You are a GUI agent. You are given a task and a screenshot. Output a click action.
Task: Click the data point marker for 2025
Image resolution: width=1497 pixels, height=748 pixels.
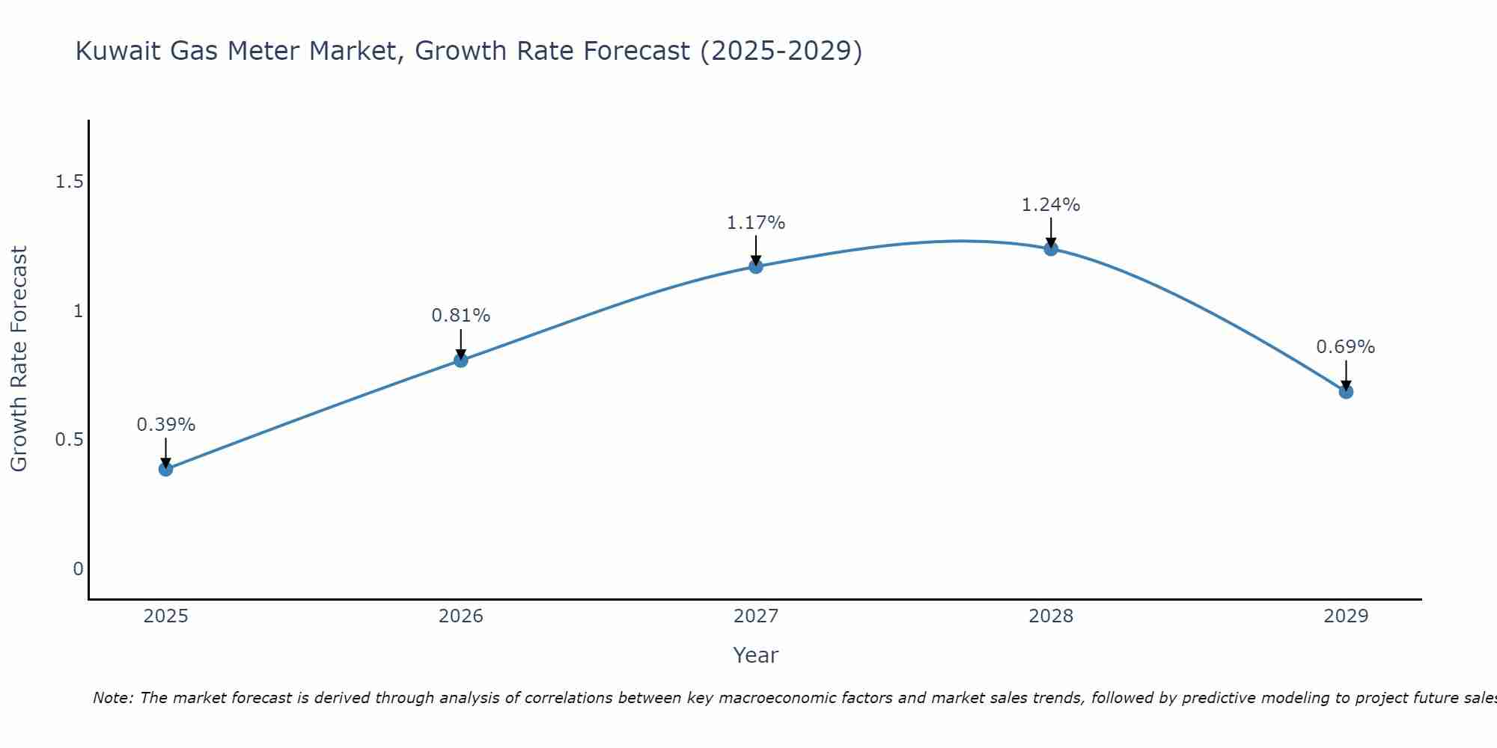click(x=165, y=469)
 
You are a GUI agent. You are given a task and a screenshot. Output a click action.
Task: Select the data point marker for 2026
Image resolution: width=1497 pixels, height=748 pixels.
click(x=460, y=361)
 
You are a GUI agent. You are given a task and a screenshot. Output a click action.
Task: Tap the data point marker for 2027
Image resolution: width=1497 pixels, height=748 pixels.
click(x=756, y=266)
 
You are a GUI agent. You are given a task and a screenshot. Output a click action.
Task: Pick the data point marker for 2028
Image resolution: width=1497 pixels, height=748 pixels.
click(x=1051, y=249)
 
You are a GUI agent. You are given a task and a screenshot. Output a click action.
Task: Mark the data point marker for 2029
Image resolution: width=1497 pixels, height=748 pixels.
click(x=1346, y=391)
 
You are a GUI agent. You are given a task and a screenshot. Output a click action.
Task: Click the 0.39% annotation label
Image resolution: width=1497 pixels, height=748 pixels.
click(x=165, y=425)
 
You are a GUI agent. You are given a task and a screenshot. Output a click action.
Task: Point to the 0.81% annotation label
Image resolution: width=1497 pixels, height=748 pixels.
click(x=460, y=316)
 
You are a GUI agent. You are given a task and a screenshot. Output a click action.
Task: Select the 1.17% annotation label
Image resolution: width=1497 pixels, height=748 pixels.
click(x=756, y=223)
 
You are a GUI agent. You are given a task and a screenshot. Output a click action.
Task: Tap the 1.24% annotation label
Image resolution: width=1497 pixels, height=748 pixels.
click(x=1051, y=205)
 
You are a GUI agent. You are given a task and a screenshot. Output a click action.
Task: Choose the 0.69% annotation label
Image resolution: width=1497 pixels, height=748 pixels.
click(x=1346, y=347)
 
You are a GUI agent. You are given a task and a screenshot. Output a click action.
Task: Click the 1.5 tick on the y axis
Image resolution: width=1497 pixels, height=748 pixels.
click(x=69, y=182)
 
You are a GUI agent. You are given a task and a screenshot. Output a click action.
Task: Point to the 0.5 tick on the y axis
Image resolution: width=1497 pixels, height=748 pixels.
click(x=69, y=440)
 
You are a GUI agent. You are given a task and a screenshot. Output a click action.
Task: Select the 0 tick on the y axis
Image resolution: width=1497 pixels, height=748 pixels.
click(x=78, y=569)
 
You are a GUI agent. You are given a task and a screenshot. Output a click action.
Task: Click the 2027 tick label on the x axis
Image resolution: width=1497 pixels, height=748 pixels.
click(x=756, y=616)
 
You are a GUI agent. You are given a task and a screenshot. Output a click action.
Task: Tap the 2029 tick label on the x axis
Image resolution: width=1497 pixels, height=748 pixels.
click(x=1346, y=616)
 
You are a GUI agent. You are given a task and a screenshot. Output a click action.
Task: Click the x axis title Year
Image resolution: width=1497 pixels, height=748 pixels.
click(x=756, y=655)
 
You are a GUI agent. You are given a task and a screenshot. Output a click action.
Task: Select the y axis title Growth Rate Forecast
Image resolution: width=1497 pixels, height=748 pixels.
click(x=19, y=359)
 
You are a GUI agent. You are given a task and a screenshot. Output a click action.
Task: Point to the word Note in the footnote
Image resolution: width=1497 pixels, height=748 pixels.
click(x=112, y=698)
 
